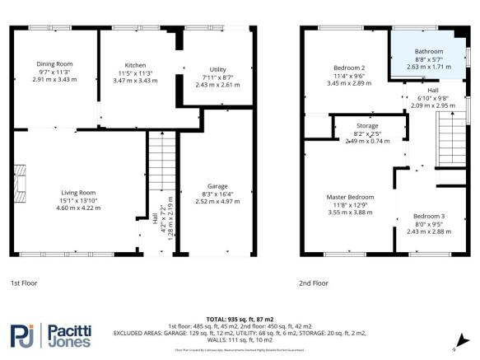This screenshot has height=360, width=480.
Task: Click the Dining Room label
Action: [x=54, y=63]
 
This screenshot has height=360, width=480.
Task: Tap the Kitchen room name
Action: [x=135, y=64]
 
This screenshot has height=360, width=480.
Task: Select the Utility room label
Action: [x=217, y=70]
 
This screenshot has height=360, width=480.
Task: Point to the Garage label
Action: [x=217, y=185]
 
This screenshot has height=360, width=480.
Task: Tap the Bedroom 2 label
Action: [x=349, y=68]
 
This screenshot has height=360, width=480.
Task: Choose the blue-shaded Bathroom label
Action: [x=427, y=52]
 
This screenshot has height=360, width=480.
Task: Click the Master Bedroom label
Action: [x=350, y=197]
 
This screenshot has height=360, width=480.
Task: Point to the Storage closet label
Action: [x=366, y=126]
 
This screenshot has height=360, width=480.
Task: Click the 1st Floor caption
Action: [x=25, y=283]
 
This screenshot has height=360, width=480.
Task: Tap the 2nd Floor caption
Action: [x=313, y=283]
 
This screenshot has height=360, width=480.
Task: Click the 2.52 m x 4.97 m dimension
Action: [x=217, y=200]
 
